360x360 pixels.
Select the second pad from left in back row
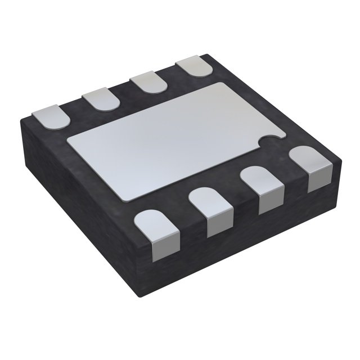(x=101, y=100)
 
